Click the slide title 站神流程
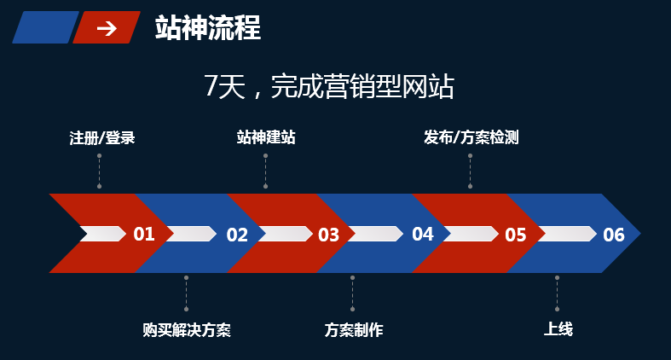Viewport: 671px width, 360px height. [207, 28]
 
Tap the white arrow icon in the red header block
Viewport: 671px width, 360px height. [107, 28]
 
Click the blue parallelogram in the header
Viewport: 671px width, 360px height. [44, 27]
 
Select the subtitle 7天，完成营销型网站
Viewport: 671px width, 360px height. [328, 86]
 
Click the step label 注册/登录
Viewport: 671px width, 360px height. [102, 137]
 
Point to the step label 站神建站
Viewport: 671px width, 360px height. [266, 137]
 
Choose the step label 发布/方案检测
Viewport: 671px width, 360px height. [471, 137]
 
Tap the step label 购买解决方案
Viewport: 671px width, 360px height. [187, 329]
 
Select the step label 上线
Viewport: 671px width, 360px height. [558, 329]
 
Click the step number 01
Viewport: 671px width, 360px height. [144, 234]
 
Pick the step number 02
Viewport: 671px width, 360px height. [237, 235]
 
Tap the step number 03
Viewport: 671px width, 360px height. [329, 235]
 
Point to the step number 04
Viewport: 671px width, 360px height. [423, 234]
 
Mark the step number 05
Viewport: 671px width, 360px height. [516, 235]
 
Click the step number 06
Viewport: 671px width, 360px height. [614, 235]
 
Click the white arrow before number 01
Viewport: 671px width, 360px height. [102, 234]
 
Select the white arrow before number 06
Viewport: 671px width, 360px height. [567, 234]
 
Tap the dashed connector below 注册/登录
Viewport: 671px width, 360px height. [99, 171]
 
